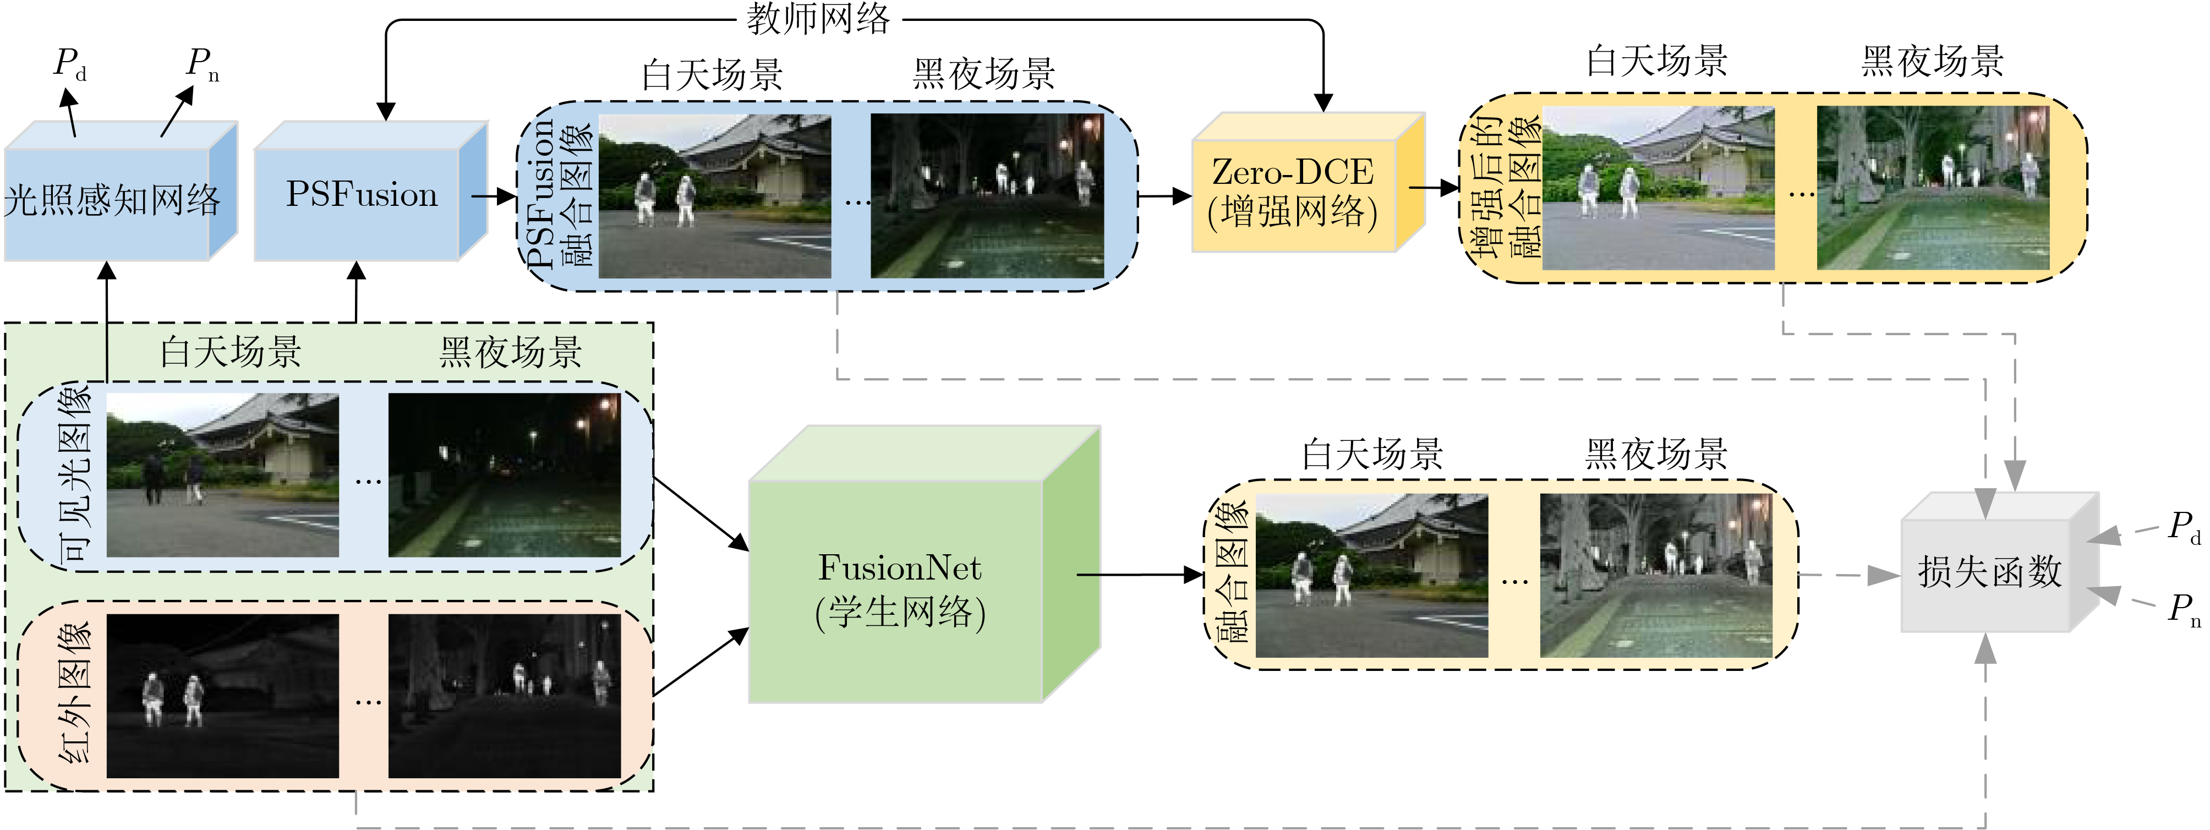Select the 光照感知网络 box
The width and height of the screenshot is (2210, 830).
coord(112,201)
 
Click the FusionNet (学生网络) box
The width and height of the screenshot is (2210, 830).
coord(899,591)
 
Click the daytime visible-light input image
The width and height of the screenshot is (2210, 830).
coord(222,474)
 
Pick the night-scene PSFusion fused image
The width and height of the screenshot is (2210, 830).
coord(987,196)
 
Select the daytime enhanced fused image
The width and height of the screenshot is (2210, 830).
coord(1657,188)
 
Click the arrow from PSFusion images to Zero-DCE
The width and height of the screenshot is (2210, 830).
coord(1164,196)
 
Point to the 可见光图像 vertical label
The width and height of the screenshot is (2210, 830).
coord(75,474)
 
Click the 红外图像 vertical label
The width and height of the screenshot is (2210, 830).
coord(75,694)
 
